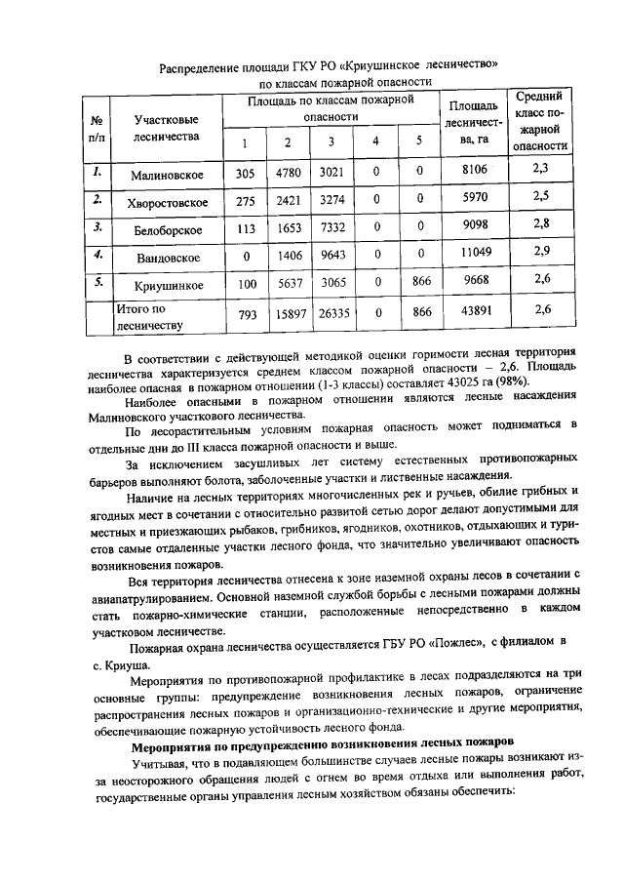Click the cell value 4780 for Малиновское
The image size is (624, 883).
point(288,174)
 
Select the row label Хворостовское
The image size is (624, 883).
point(166,202)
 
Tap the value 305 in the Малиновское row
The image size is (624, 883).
point(245,174)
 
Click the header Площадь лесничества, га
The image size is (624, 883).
point(476,122)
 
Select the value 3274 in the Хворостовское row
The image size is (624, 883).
point(331,202)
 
